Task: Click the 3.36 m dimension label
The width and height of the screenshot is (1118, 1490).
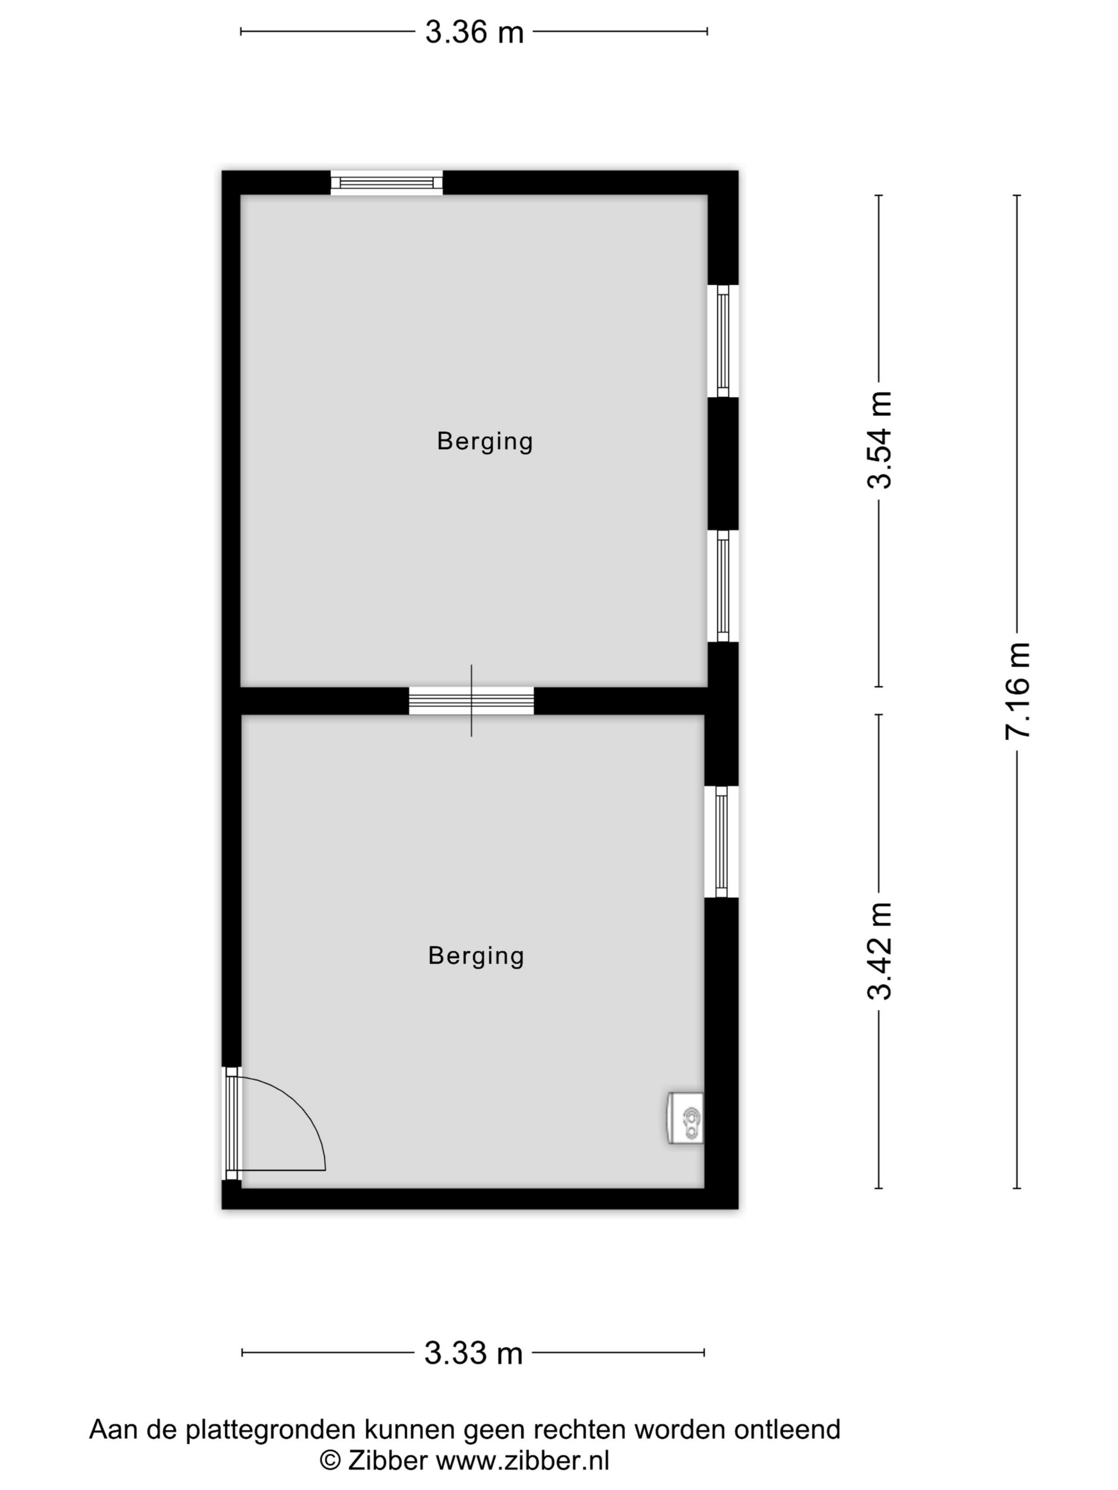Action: pyautogui.click(x=474, y=31)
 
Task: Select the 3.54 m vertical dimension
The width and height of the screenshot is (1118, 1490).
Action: pyautogui.click(x=879, y=441)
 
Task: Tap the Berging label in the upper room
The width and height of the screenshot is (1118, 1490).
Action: pyautogui.click(x=484, y=441)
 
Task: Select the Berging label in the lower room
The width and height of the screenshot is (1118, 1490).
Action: pyautogui.click(x=476, y=956)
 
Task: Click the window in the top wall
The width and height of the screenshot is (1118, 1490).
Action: pyautogui.click(x=386, y=183)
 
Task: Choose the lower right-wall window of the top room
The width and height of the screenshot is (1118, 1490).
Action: pyautogui.click(x=723, y=586)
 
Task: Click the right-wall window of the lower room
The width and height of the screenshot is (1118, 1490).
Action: pyautogui.click(x=722, y=841)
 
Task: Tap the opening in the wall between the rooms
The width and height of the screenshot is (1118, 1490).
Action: pyautogui.click(x=471, y=700)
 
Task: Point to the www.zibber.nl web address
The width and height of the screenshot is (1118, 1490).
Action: pyautogui.click(x=522, y=1460)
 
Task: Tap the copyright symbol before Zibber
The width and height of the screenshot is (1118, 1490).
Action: pyautogui.click(x=330, y=1460)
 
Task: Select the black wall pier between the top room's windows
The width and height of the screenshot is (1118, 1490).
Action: pyautogui.click(x=723, y=463)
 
